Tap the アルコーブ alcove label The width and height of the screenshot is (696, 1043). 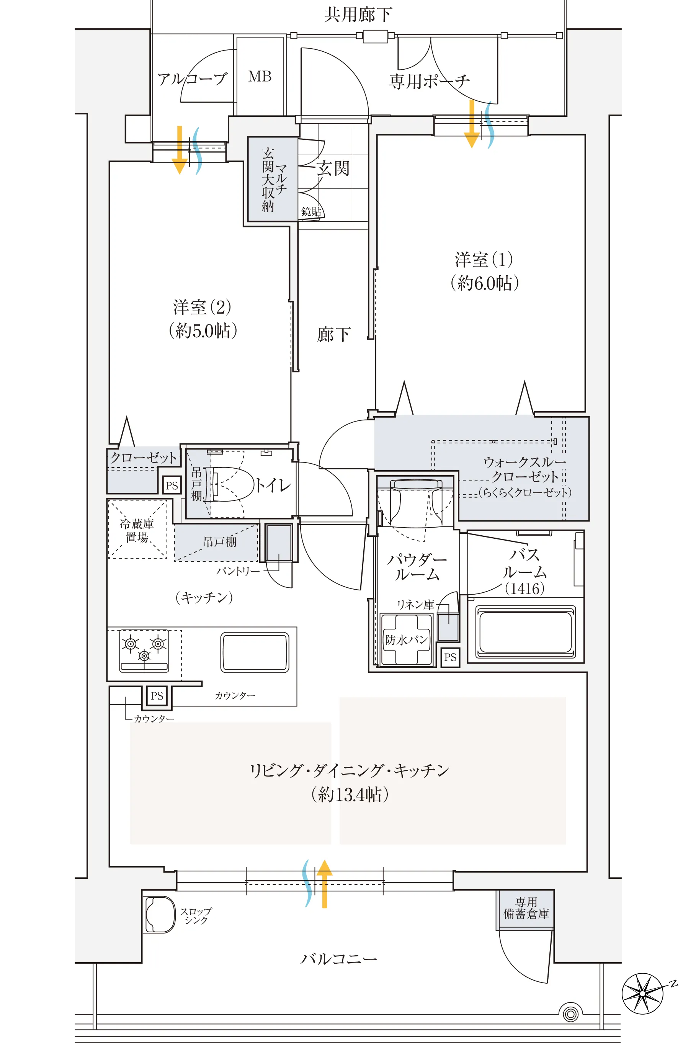point(192,79)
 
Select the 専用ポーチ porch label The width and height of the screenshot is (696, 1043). point(429,82)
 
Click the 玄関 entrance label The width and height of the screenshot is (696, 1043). point(333,168)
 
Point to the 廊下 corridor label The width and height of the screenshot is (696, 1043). point(333,334)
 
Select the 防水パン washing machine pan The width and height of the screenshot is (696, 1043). point(406,639)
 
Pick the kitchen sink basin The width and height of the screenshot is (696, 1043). point(255,652)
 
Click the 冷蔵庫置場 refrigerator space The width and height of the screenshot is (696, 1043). point(137,530)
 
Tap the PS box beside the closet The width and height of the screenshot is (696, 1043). point(172,485)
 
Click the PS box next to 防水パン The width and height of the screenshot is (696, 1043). point(450,657)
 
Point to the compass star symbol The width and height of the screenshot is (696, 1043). point(643,993)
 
